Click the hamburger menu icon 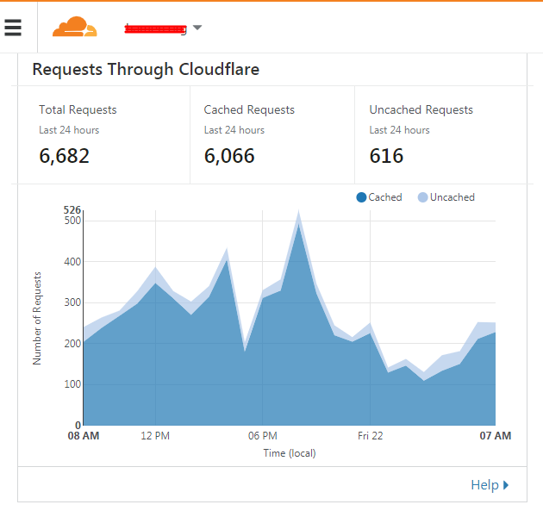point(13,28)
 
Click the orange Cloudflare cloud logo point(75,28)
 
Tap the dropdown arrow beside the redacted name point(197,28)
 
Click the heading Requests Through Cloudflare point(146,70)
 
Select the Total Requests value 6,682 point(65,156)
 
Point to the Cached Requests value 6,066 point(229,156)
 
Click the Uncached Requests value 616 point(386,156)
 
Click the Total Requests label point(78,110)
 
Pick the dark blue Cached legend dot point(361,197)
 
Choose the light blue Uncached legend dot point(422,197)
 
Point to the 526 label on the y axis point(72,210)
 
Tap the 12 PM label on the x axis point(155,436)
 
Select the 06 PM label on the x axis point(262,436)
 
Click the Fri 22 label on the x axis point(370,436)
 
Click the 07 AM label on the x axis point(496,436)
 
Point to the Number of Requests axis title point(37,317)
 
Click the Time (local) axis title point(290,453)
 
